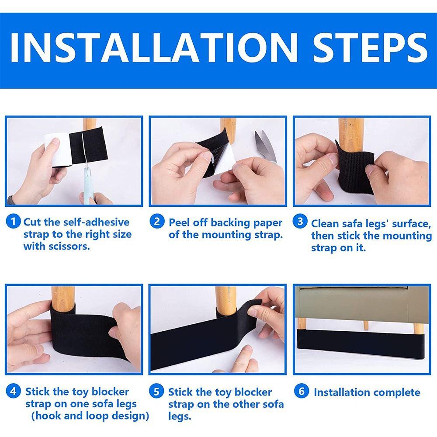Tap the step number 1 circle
[x=14, y=222]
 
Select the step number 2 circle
[x=157, y=222]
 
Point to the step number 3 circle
[x=300, y=222]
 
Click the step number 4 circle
[x=14, y=391]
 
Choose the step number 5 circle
[x=157, y=391]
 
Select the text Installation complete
[x=367, y=392]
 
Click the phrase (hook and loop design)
[x=90, y=416]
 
